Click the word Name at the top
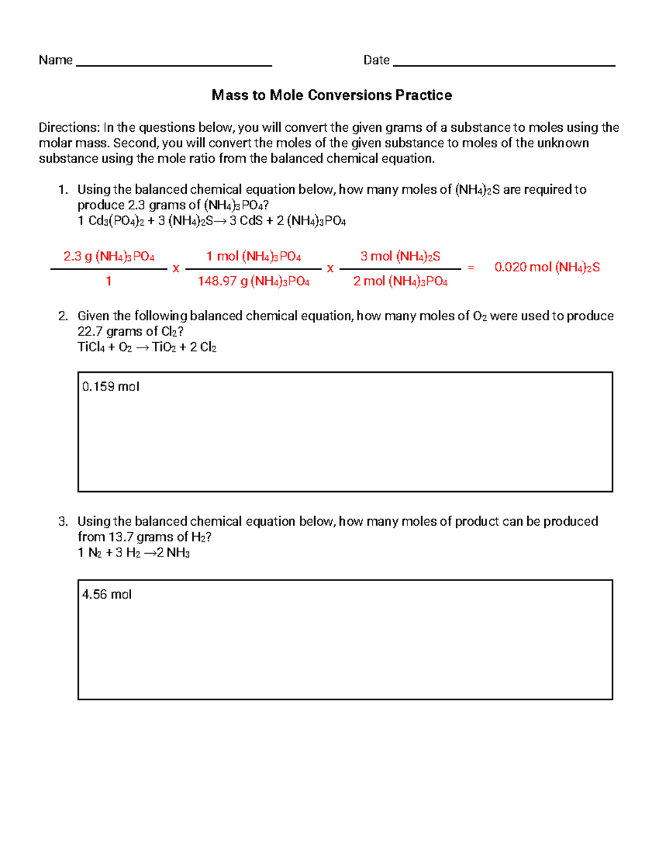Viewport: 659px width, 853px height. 55,60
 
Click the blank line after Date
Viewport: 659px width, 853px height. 504,64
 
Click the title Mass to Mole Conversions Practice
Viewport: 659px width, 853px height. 332,95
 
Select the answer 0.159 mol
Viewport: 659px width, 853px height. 110,387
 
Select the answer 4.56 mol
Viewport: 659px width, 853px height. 107,594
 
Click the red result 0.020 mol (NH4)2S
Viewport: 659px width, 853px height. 547,267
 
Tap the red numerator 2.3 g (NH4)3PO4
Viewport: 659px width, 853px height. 109,257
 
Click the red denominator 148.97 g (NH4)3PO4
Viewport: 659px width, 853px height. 253,282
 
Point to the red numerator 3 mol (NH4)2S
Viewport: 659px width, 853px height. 400,257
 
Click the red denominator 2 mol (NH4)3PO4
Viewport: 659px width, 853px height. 400,282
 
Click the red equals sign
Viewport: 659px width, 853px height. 471,267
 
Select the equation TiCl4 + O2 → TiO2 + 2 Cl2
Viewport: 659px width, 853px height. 147,347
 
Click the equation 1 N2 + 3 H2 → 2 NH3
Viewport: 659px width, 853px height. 133,553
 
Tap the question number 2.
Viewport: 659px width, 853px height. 63,316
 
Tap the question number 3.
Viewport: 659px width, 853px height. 63,521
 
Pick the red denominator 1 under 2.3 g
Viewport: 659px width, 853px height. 109,281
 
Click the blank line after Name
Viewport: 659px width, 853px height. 174,64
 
